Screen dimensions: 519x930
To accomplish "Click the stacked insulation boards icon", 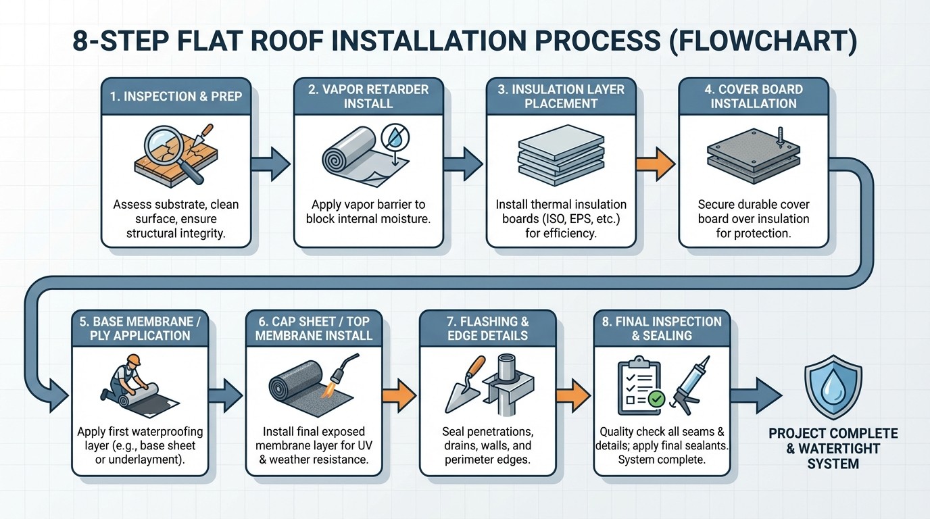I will [x=560, y=157].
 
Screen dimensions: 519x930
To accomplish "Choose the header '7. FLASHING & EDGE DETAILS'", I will [x=487, y=328].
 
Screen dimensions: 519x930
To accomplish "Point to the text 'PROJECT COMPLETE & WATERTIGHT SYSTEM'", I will [x=833, y=448].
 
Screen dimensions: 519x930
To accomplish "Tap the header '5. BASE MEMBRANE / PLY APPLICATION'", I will [x=140, y=328].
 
